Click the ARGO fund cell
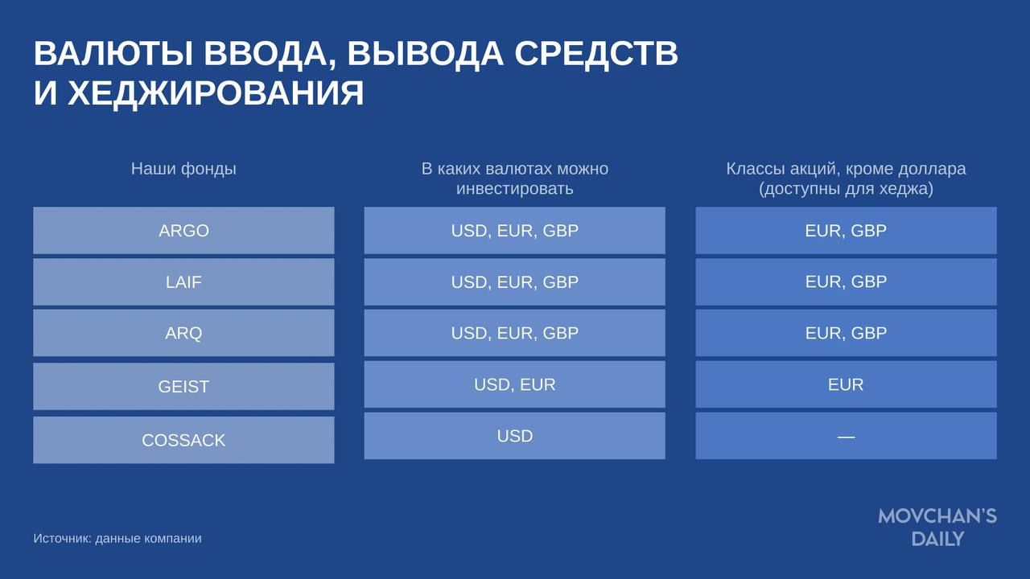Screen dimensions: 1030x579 point(183,230)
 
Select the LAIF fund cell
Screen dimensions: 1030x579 point(183,281)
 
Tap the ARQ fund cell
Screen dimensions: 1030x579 point(183,333)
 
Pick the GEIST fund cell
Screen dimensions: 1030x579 point(183,387)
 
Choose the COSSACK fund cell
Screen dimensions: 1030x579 point(183,440)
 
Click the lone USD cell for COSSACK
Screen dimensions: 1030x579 point(514,436)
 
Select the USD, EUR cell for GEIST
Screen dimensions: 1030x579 point(514,384)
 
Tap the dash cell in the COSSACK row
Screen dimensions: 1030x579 point(846,436)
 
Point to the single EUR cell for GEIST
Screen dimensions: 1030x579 point(846,384)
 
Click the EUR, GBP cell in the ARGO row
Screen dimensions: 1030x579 point(846,230)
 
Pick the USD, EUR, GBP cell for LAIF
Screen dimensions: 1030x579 point(514,281)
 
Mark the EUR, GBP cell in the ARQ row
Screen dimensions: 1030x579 point(846,333)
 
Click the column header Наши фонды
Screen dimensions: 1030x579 point(183,169)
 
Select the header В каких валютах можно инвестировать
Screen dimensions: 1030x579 point(514,179)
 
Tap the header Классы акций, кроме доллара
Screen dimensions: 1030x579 point(846,169)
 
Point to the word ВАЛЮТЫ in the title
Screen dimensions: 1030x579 point(113,53)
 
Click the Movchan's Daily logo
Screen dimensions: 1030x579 point(937,527)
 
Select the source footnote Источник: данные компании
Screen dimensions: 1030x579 point(117,538)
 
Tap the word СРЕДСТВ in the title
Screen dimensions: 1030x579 point(596,54)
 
